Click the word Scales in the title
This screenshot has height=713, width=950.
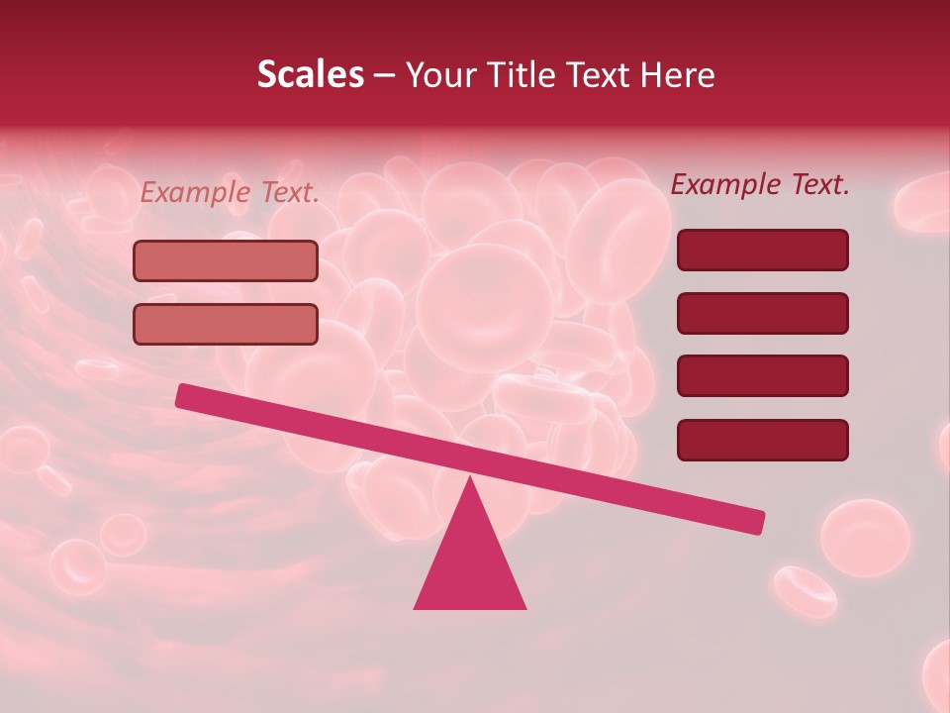310,74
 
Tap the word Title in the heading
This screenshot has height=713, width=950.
518,74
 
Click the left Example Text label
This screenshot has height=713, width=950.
230,192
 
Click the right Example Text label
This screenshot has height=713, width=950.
760,184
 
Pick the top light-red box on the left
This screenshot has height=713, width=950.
226,260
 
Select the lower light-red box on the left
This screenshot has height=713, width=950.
226,324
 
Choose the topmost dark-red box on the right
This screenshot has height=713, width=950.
762,250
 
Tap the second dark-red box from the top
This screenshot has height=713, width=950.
762,313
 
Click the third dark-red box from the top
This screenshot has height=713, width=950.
762,376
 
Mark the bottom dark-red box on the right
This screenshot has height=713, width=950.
762,440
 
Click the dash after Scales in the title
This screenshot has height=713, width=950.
385,75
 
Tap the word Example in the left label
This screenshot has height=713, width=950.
197,192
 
